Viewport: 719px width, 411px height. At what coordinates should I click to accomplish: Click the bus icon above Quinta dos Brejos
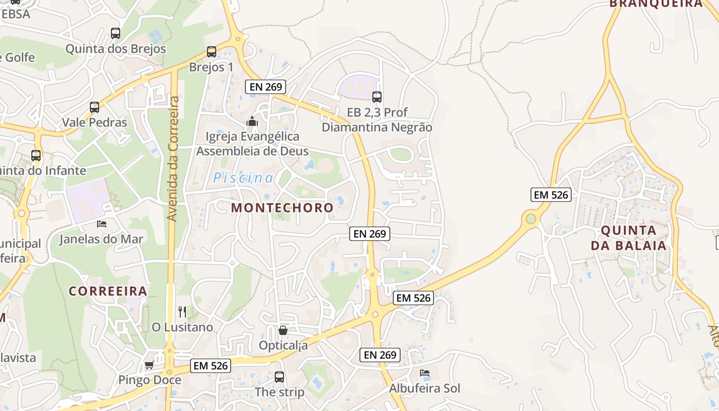coord(116,33)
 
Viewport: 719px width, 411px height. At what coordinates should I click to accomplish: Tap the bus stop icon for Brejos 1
coord(212,51)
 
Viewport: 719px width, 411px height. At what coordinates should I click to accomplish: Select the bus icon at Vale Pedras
coord(94,107)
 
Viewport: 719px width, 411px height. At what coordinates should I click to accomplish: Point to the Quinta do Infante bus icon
coord(36,155)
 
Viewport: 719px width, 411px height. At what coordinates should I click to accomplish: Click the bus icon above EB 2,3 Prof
coord(377,97)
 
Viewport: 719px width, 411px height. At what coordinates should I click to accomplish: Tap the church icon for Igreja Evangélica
coord(252,122)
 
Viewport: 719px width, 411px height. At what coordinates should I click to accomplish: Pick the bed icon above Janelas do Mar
coord(102,223)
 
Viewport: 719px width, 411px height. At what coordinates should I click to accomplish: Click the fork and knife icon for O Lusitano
coord(182,311)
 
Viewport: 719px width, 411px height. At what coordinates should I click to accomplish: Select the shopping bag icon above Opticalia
coord(282,330)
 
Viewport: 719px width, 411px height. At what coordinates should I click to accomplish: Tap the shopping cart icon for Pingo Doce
coord(149,365)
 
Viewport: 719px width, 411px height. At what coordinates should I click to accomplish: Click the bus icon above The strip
coord(279,377)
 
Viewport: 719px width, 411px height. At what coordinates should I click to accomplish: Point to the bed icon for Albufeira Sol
coord(425,372)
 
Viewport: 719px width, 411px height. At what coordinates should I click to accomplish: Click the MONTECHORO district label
coord(282,208)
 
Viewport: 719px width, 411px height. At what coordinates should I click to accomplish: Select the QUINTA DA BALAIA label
coord(629,237)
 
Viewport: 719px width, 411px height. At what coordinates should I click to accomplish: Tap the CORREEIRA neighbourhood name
coord(108,291)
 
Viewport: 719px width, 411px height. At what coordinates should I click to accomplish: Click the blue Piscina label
coord(243,178)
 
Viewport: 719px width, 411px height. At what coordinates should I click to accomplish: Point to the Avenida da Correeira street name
coord(173,159)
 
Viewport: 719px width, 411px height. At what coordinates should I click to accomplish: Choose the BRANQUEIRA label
coord(655,4)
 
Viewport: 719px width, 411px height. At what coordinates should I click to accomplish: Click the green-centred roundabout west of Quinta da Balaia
coord(531,219)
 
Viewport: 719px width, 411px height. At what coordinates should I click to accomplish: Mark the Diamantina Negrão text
coord(377,127)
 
